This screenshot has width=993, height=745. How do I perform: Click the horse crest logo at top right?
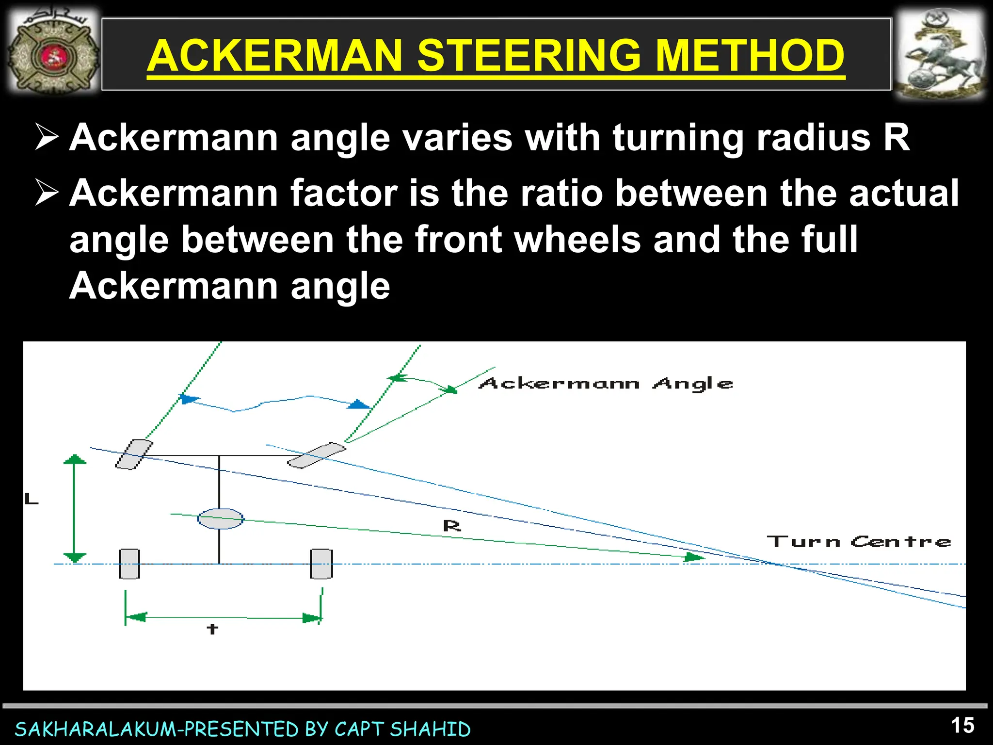940,54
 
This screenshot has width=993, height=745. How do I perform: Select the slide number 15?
962,726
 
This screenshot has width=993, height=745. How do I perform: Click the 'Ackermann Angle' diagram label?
606,384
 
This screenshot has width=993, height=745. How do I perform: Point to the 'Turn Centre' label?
858,541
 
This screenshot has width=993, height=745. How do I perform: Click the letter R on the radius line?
452,526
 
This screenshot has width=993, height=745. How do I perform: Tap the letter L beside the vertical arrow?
32,499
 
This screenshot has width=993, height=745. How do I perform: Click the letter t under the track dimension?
212,629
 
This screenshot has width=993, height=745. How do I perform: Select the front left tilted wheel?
134,454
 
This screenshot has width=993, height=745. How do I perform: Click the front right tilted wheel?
317,455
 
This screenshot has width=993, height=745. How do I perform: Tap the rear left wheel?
129,564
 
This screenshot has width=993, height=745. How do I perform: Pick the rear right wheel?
321,564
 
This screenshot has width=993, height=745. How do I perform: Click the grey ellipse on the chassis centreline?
221,519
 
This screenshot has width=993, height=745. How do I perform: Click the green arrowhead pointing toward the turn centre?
693,557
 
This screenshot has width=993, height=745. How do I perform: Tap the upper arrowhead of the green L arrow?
75,459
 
